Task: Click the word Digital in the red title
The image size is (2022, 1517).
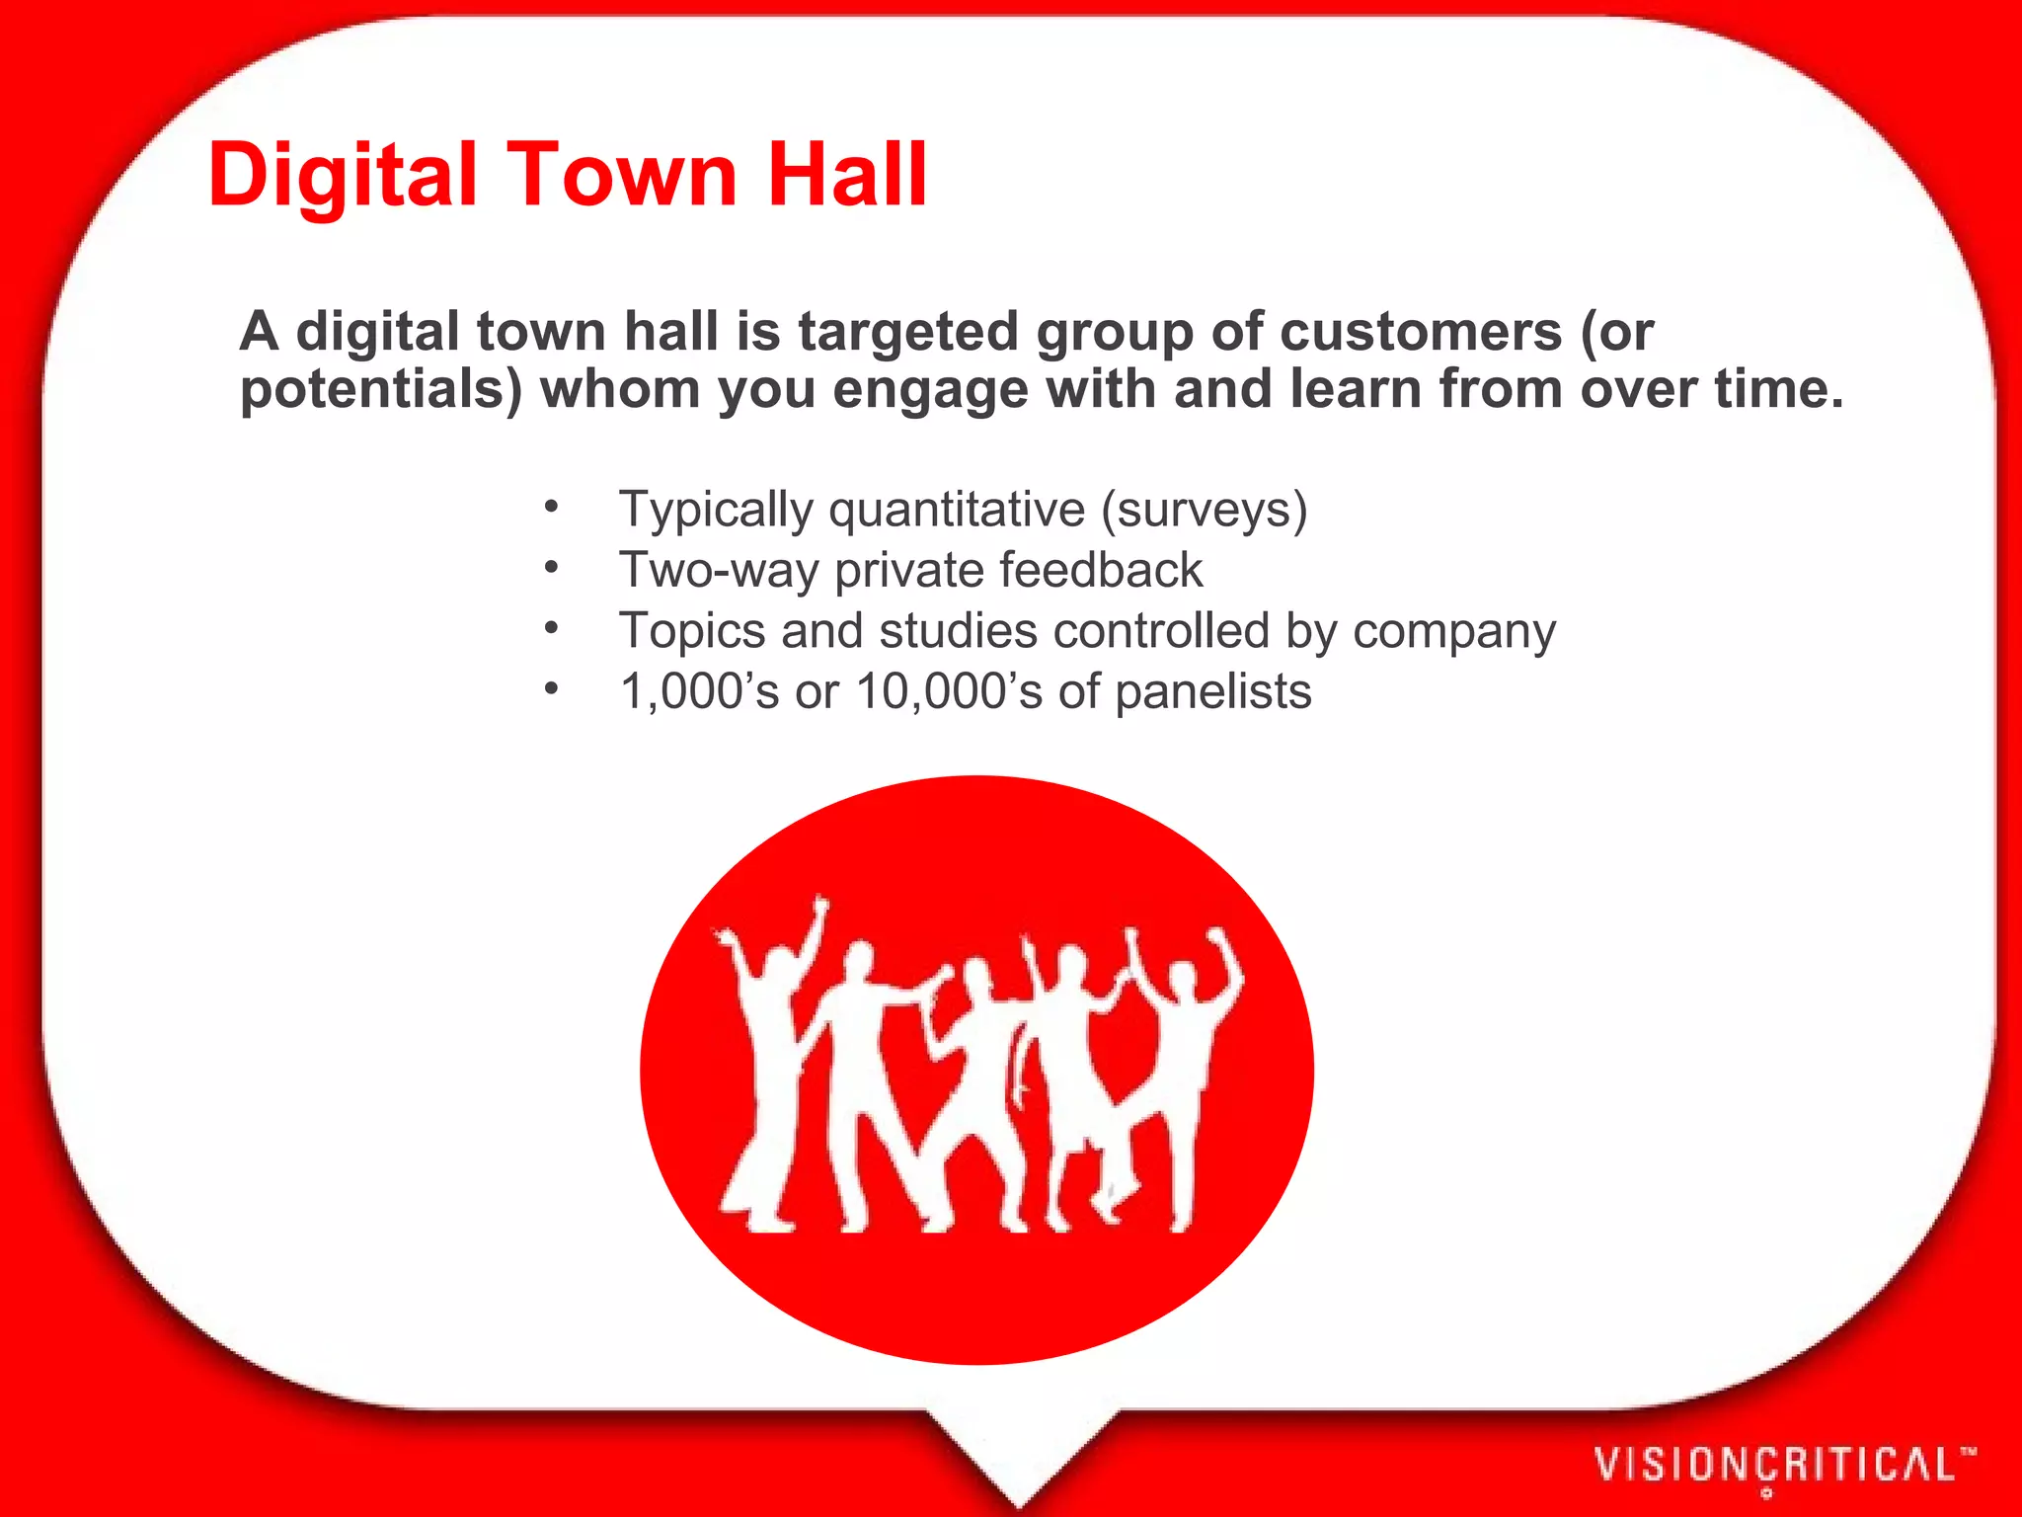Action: pos(342,175)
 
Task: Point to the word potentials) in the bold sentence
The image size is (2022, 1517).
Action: pos(381,390)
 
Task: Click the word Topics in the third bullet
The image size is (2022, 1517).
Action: pos(691,631)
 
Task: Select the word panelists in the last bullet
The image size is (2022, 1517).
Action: pos(1213,692)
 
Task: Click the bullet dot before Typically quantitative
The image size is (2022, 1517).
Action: pos(551,509)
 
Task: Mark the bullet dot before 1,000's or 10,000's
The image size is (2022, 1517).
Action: pos(551,688)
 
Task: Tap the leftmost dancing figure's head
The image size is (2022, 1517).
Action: pos(775,963)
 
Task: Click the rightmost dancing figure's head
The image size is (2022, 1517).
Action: pos(1182,980)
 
